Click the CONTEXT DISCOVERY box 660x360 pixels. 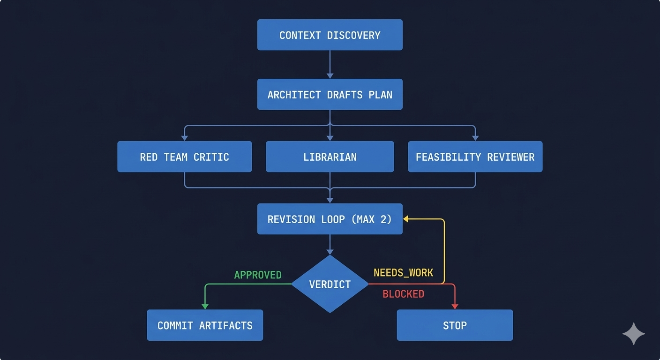(x=330, y=35)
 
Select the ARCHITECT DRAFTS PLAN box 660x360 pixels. (x=330, y=94)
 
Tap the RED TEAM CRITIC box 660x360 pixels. (x=184, y=157)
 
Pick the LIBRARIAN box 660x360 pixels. (x=330, y=157)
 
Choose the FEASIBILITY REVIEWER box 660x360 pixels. (x=475, y=157)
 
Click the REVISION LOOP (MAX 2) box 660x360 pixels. (x=330, y=219)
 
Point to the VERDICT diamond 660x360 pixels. (x=330, y=284)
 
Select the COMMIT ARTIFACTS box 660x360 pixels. (x=205, y=325)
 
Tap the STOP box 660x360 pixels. (x=455, y=325)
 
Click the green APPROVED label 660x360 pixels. (x=258, y=275)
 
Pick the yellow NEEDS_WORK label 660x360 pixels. (x=403, y=272)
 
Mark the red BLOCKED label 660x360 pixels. (x=403, y=294)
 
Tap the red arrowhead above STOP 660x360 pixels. (x=455, y=306)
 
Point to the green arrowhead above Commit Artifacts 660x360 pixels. (x=205, y=306)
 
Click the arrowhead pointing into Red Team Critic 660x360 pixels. (x=184, y=137)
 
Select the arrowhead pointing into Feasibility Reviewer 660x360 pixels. (x=475, y=137)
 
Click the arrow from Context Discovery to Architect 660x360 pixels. (x=330, y=63)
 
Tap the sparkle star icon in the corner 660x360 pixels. (x=633, y=334)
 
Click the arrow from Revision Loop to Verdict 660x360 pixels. (x=330, y=244)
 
